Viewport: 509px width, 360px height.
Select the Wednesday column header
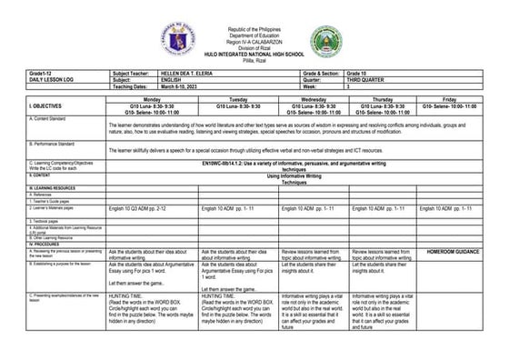[314, 98]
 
